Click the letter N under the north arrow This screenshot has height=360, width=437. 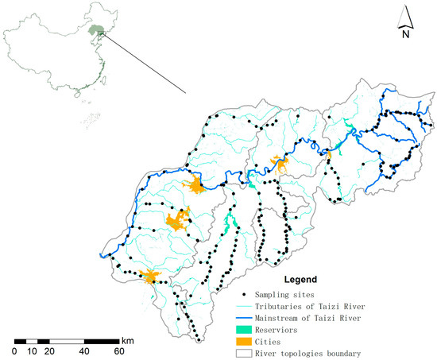405,33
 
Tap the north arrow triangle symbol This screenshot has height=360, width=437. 405,15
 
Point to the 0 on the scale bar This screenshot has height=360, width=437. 14,350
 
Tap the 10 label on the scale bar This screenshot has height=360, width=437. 31,350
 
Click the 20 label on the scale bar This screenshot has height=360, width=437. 48,350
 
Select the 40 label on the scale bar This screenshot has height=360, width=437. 83,350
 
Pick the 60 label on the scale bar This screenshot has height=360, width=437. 118,350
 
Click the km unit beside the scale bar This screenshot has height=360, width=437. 127,340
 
